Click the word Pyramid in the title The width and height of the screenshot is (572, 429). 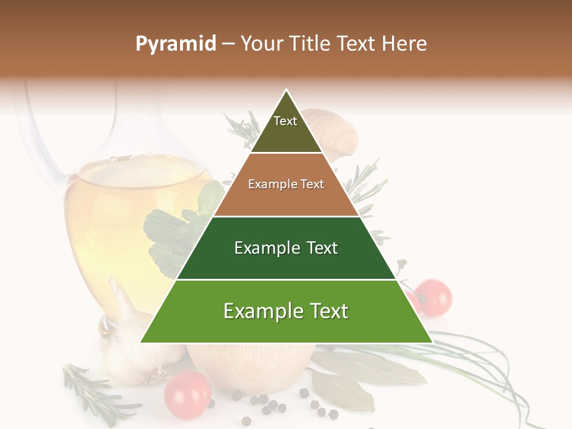(176, 44)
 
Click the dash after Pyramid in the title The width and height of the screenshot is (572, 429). (228, 44)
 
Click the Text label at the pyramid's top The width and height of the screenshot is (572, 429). (285, 121)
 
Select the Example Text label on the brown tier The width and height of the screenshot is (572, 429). (286, 184)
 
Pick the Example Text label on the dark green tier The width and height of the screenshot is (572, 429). (286, 248)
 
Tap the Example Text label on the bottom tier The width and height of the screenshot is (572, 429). (286, 311)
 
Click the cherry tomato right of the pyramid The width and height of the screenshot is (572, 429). (434, 296)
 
